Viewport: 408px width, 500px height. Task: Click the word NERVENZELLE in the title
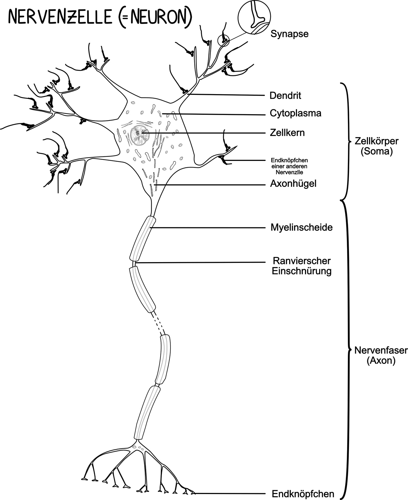tap(60, 17)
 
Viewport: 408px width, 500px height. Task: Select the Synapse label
tap(289, 34)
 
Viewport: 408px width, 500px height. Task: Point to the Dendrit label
tap(285, 96)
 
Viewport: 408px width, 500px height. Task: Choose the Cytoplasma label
tap(295, 113)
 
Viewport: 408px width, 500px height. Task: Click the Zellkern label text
tap(287, 133)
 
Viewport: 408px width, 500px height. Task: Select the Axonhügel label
tap(293, 184)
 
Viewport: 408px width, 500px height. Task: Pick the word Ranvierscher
tap(302, 261)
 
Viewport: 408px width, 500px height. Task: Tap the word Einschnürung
tap(302, 271)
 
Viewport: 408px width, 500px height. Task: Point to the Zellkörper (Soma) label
tap(377, 146)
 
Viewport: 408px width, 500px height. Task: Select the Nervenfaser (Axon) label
tap(381, 355)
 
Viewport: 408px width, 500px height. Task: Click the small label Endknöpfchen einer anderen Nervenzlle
tap(289, 166)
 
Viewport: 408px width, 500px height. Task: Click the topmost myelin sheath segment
tap(143, 238)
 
